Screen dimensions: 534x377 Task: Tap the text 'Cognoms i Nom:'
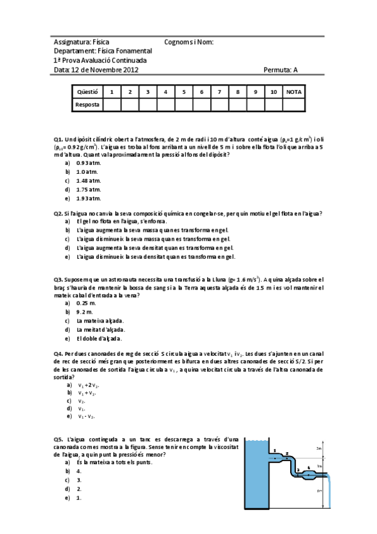tap(189, 42)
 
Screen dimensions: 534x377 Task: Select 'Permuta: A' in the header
tap(280, 70)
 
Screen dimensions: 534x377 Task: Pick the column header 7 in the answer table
tap(219, 92)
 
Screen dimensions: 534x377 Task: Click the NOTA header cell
tap(294, 92)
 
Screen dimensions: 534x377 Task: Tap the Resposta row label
tap(87, 105)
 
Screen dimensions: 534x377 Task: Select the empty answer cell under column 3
tap(147, 105)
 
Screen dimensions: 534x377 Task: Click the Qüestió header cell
tap(87, 92)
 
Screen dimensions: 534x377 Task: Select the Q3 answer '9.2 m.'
tap(85, 312)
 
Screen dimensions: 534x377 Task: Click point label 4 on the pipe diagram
tap(308, 467)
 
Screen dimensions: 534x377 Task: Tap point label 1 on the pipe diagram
tap(275, 450)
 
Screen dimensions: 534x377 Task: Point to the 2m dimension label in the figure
tap(320, 448)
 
